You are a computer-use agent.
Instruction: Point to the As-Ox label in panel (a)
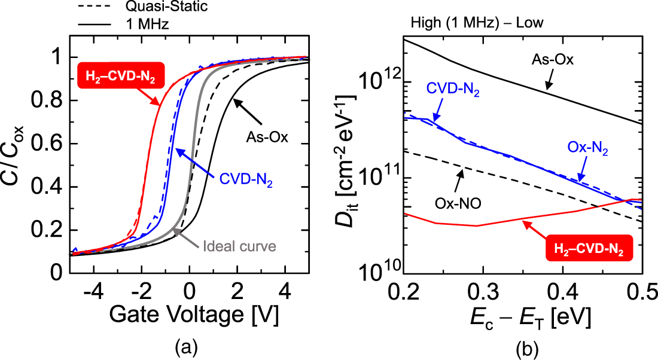(x=267, y=138)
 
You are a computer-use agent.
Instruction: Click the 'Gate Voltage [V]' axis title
(x=190, y=315)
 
